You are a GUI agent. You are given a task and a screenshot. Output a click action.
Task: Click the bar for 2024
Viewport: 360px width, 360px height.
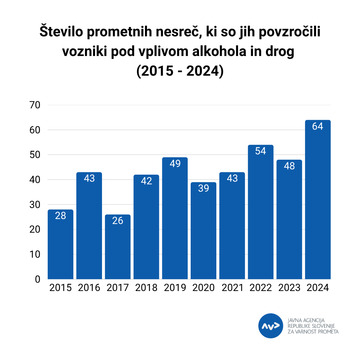[x=319, y=200]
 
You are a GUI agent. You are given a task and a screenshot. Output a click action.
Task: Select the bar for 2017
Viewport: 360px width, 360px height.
[x=118, y=247]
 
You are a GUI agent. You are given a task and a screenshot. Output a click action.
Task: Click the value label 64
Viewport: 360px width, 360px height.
[x=319, y=127]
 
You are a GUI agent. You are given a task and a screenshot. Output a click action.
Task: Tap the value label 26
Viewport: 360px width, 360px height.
[x=118, y=221]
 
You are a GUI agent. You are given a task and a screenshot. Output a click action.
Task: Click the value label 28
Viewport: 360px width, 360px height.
[x=60, y=216]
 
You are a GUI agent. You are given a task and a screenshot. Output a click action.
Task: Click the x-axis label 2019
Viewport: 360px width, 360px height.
[x=176, y=290]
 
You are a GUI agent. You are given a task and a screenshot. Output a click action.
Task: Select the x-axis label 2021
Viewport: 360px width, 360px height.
[x=233, y=290]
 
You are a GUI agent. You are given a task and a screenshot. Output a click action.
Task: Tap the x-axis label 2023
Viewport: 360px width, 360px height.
[x=290, y=290]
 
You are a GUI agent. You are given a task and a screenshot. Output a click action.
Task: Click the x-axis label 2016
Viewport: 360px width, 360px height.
[x=89, y=290]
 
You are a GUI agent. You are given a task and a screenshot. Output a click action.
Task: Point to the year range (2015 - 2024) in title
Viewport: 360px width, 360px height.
[x=180, y=74]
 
